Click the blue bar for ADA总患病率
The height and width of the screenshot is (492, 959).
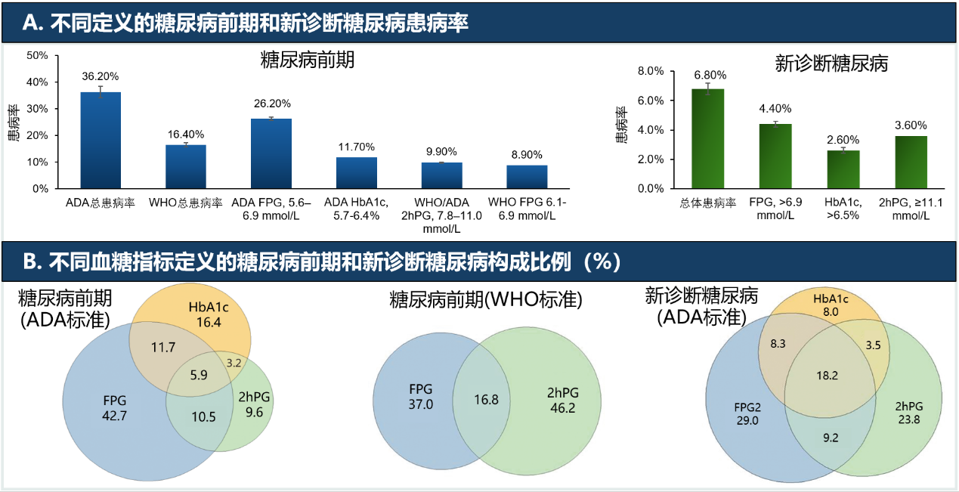click(101, 140)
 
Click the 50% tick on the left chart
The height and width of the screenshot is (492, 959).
click(37, 55)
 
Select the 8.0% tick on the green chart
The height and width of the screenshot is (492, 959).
click(651, 71)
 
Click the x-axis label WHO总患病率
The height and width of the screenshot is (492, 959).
click(186, 203)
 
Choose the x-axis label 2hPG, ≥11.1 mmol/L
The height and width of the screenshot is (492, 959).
click(911, 209)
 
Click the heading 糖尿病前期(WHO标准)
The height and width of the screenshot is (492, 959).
click(485, 300)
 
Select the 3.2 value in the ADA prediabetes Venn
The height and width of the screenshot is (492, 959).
click(234, 363)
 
